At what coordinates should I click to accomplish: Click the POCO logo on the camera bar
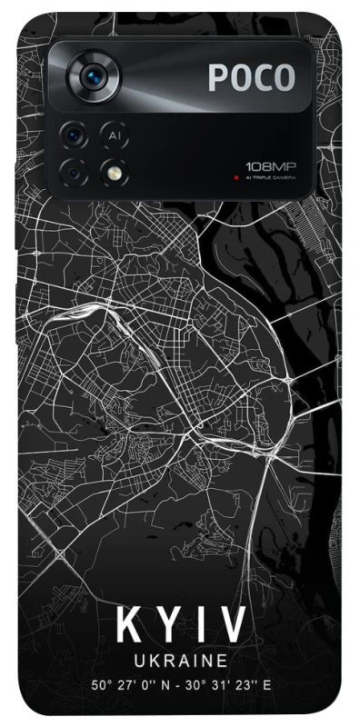252,77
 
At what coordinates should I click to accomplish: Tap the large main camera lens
93,77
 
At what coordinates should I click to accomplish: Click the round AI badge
114,135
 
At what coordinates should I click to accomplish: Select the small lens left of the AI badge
73,135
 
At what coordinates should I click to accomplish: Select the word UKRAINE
180,659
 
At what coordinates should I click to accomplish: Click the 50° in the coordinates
101,684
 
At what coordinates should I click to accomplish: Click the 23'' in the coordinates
245,684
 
